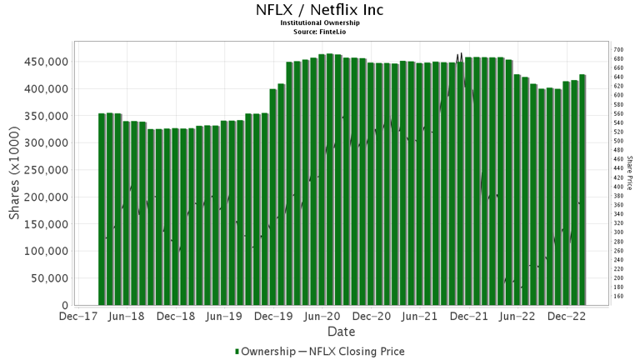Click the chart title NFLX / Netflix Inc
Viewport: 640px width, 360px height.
(320, 11)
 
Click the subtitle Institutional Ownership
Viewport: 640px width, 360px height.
(320, 23)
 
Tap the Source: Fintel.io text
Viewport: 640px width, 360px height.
(320, 32)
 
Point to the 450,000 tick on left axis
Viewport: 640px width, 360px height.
(45, 62)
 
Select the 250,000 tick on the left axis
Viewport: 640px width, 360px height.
(45, 170)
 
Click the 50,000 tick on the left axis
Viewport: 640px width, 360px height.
(48, 278)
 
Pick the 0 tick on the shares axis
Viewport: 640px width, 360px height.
(64, 306)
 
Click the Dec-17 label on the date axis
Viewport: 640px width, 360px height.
(78, 317)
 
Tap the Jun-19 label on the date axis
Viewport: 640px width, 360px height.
(224, 317)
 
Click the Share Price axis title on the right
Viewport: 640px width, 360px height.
(630, 173)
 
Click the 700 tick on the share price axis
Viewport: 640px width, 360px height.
(618, 50)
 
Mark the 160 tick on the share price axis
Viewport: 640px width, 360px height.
(618, 296)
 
